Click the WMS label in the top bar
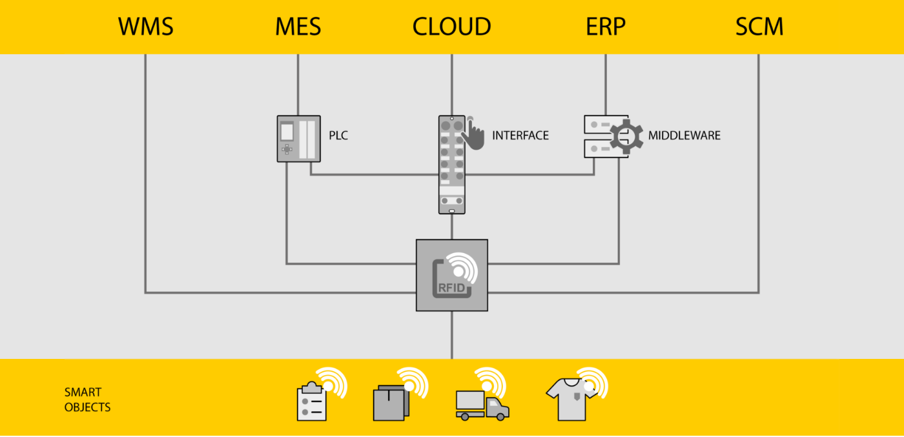pyautogui.click(x=145, y=27)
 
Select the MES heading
pyautogui.click(x=298, y=27)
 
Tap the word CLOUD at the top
pyautogui.click(x=451, y=27)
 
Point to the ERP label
pyautogui.click(x=605, y=27)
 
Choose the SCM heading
pyautogui.click(x=759, y=27)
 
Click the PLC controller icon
pyautogui.click(x=298, y=138)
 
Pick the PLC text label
pyautogui.click(x=338, y=136)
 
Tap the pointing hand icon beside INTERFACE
pyautogui.click(x=475, y=134)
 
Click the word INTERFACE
pyautogui.click(x=520, y=136)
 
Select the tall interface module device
pyautogui.click(x=451, y=164)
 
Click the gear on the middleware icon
pyautogui.click(x=626, y=136)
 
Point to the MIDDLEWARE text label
pyautogui.click(x=684, y=136)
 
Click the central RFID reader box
pyautogui.click(x=451, y=275)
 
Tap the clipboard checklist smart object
pyautogui.click(x=312, y=401)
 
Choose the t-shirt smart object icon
pyautogui.click(x=570, y=398)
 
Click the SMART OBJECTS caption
pyautogui.click(x=87, y=400)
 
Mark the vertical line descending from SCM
pyautogui.click(x=758, y=174)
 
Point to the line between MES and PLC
pyautogui.click(x=298, y=84)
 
